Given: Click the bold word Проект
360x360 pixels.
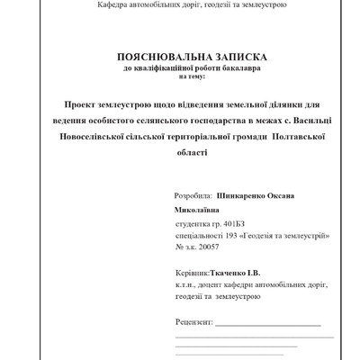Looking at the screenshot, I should (81, 106).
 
